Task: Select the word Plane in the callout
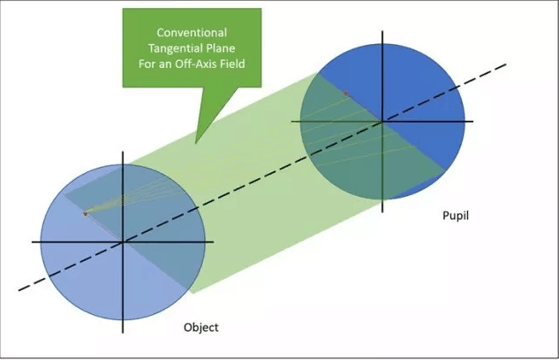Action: coord(223,48)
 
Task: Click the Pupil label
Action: coord(455,214)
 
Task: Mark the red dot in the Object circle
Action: coord(86,214)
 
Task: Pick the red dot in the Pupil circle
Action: coord(346,93)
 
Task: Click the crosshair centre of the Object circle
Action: coord(123,241)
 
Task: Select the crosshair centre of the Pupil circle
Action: coord(382,121)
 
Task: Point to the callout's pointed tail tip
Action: coord(197,141)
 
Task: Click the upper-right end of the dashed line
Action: coord(507,64)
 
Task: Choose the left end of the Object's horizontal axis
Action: coord(33,241)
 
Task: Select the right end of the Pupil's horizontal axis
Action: coord(473,121)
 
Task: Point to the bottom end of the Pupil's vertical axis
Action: coord(382,210)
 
